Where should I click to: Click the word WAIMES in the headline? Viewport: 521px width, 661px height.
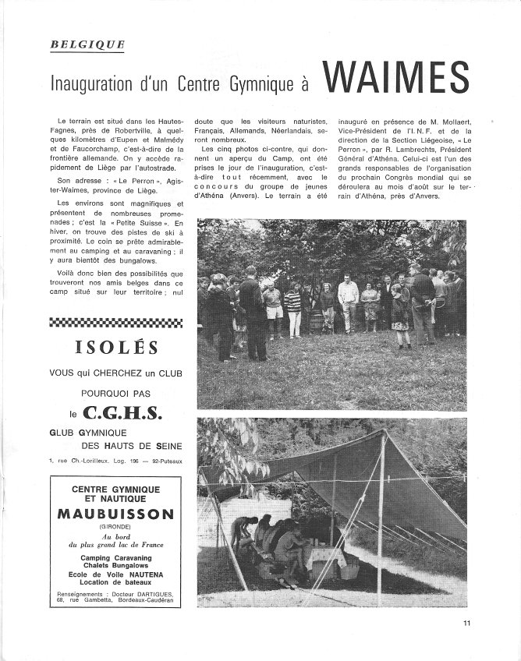pos(395,79)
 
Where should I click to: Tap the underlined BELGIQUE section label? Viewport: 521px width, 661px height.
pos(87,44)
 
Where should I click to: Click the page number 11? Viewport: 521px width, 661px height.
pos(466,622)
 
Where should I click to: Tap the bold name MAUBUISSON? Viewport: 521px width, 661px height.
pos(115,515)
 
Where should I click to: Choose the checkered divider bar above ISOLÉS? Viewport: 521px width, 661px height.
pos(116,322)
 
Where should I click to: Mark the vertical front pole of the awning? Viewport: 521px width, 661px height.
pos(381,514)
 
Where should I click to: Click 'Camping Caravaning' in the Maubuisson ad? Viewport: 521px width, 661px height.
pos(115,558)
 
